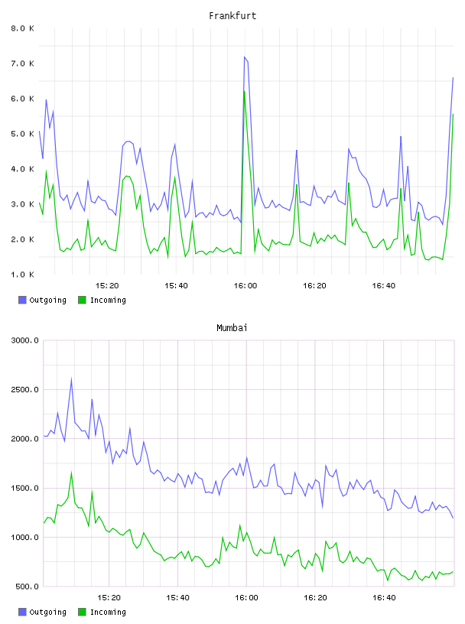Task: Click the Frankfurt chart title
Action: (x=232, y=15)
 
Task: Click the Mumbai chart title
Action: (x=232, y=327)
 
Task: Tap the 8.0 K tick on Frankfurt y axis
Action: (x=22, y=28)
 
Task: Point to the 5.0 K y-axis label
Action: (x=22, y=134)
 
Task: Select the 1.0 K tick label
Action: (x=22, y=275)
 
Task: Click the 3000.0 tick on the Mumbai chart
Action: (x=24, y=340)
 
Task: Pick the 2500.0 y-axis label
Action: (x=24, y=389)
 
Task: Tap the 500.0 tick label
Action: (x=27, y=587)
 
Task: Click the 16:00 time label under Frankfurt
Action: (x=246, y=285)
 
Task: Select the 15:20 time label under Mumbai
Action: (x=109, y=597)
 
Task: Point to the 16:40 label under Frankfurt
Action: (x=383, y=285)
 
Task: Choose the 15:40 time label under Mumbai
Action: (x=177, y=597)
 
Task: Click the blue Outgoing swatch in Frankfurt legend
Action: (x=22, y=300)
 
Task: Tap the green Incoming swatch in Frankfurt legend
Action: (x=82, y=300)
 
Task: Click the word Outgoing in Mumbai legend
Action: (x=47, y=612)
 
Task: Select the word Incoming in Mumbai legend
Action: (x=108, y=612)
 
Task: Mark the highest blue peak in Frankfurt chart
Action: (x=245, y=57)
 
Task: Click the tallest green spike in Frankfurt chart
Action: (x=245, y=92)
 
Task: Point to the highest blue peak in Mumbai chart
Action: (x=72, y=379)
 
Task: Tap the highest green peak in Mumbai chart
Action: (x=72, y=473)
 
